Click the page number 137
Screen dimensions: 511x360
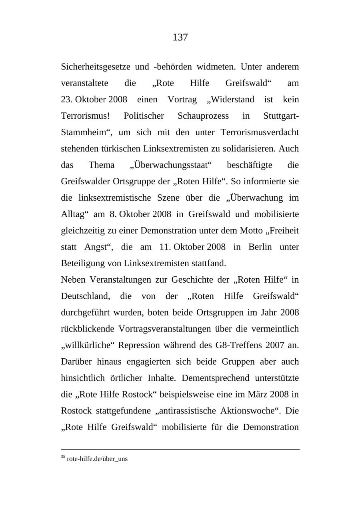click(x=180, y=38)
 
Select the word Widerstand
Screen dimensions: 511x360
click(x=233, y=100)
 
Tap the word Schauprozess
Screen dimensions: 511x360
click(x=203, y=116)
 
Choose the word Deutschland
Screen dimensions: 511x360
click(x=85, y=296)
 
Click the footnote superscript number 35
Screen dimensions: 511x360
click(x=63, y=457)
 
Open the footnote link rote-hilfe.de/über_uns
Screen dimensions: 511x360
click(x=97, y=459)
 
